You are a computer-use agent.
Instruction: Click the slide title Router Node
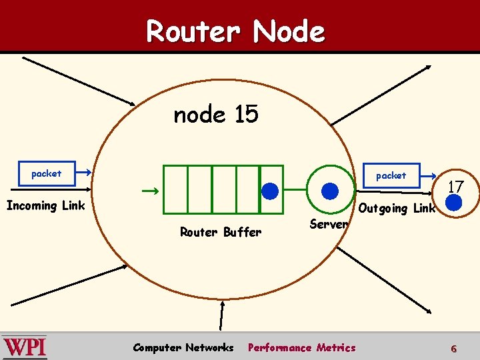pos(235,31)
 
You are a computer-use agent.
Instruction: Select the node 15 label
pos(215,115)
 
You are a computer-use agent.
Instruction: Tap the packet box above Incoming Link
pos(46,173)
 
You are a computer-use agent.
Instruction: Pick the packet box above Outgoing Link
pos(391,175)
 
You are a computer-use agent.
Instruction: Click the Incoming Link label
pos(45,205)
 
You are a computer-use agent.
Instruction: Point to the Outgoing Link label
pos(397,208)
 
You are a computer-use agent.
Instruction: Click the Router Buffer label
pos(221,232)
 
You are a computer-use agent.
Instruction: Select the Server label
pos(329,224)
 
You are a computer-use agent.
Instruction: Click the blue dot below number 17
pos(454,203)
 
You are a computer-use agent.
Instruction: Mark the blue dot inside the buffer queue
pos(270,191)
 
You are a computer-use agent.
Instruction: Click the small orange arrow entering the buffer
pos(150,191)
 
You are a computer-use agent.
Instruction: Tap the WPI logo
pos(25,347)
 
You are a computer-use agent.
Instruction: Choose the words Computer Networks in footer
pos(183,347)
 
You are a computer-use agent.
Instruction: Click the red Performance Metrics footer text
pos(301,347)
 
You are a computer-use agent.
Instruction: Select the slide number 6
pos(454,349)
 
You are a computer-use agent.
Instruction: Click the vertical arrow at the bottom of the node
pos(223,317)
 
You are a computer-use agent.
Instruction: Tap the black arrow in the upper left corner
pos(79,81)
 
